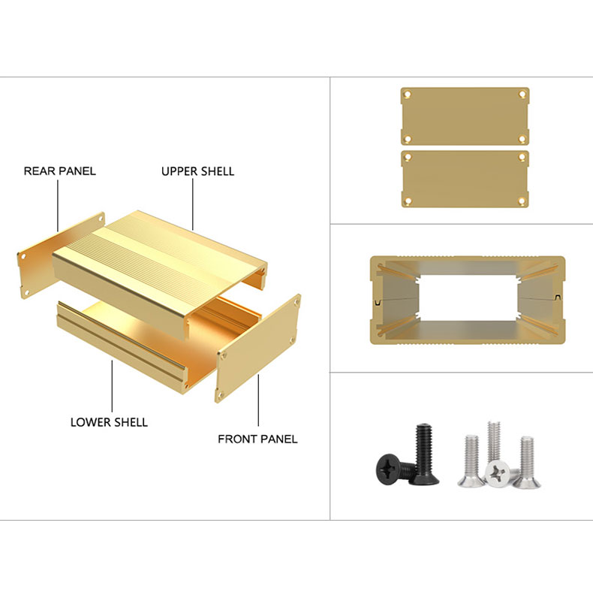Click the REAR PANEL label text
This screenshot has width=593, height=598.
tap(60, 171)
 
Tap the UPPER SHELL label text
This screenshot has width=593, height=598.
tap(198, 171)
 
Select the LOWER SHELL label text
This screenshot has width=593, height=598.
tap(109, 422)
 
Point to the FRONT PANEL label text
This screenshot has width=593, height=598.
tap(257, 439)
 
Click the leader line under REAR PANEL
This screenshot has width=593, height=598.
tap(58, 206)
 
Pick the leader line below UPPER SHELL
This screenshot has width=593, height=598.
tap(193, 204)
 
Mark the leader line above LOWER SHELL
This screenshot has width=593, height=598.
tap(112, 386)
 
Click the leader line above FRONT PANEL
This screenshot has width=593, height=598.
tap(258, 400)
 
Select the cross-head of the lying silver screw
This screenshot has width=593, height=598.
tap(498, 473)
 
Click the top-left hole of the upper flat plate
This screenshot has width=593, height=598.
tap(408, 94)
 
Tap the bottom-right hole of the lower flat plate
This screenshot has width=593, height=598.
tap(522, 201)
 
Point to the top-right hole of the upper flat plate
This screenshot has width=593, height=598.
tap(522, 94)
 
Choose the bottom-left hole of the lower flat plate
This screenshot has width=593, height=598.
tap(408, 201)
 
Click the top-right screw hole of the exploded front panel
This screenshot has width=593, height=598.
tap(296, 302)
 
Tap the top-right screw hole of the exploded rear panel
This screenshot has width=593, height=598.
tap(101, 219)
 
